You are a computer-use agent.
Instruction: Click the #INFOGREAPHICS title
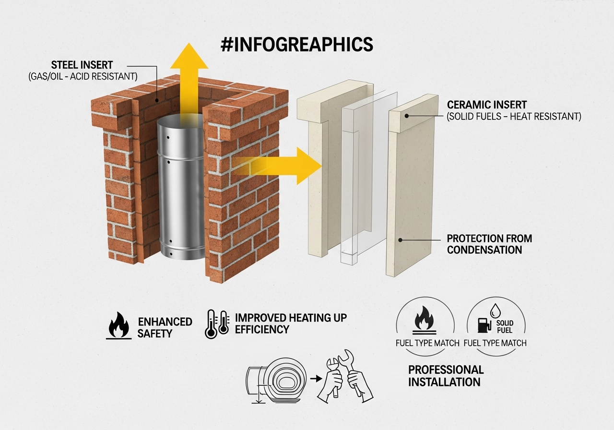296,44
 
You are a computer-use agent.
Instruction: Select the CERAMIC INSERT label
487,105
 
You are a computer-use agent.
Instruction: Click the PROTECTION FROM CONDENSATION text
489,244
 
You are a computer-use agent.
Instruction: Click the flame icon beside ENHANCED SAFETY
119,326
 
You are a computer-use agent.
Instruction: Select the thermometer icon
217,324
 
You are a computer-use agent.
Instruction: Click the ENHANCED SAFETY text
165,327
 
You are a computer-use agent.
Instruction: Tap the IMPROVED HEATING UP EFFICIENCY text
291,323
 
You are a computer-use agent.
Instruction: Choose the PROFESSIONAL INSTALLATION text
446,376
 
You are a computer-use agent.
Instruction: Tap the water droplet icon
496,311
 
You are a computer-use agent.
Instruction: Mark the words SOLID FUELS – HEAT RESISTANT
514,117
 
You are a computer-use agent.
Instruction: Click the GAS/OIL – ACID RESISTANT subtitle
83,76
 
